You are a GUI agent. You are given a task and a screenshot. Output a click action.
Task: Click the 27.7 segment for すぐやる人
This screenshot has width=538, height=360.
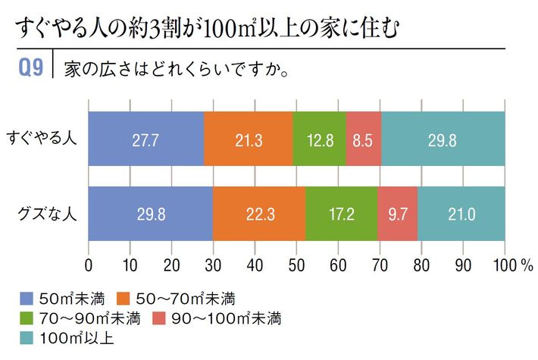click(146, 139)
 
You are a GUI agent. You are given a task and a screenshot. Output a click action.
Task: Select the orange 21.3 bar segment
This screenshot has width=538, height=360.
click(248, 139)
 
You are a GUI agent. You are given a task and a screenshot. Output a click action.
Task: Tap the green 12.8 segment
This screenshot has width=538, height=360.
click(319, 139)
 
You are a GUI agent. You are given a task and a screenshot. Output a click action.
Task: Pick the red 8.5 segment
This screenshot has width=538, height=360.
click(363, 139)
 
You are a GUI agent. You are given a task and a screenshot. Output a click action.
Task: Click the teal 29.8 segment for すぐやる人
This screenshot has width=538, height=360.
click(443, 139)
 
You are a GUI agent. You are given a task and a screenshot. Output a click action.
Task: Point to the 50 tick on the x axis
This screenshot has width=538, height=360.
click(297, 265)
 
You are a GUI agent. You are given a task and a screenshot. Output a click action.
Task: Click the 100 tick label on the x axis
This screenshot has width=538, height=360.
click(502, 265)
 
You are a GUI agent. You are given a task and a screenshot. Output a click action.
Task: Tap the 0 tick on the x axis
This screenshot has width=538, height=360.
click(89, 265)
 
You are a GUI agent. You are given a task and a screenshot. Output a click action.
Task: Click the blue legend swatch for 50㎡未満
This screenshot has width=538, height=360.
click(25, 298)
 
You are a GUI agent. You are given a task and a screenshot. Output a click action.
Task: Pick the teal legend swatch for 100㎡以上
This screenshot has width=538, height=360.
click(25, 336)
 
